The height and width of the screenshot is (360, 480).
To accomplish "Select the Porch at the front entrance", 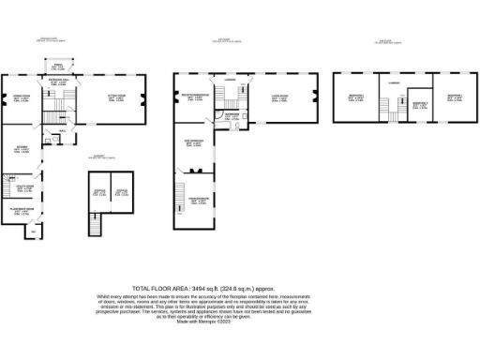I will tap(57, 67).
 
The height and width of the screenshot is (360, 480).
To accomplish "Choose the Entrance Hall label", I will tap(57, 83).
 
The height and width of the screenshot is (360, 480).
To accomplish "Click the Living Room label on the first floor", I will tap(279, 97).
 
